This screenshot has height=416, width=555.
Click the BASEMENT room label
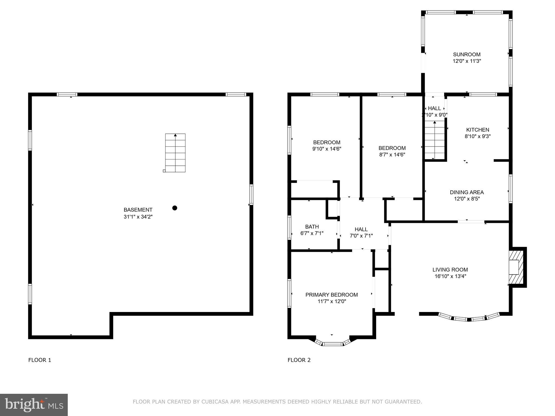tap(138, 210)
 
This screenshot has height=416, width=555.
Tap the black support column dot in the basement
tap(175, 208)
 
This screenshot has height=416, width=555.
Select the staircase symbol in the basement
tap(175, 153)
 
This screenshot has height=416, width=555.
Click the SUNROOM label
tap(467, 54)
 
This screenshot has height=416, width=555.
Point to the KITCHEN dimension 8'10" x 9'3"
tap(477, 136)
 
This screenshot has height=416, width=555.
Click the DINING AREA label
tap(467, 192)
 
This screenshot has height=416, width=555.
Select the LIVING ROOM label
tap(450, 270)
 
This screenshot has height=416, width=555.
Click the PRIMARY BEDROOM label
tap(331, 295)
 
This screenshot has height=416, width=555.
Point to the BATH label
tap(312, 227)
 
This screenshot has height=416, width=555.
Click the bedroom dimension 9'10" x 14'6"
tap(327, 149)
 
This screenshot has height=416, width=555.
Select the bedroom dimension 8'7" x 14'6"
tap(392, 155)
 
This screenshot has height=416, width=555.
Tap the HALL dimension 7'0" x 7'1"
tap(361, 236)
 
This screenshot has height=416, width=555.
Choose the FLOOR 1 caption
tap(40, 360)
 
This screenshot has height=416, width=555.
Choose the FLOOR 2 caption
tap(299, 360)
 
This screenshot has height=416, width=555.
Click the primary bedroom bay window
tap(333, 344)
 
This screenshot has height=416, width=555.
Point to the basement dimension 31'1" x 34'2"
tap(138, 217)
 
